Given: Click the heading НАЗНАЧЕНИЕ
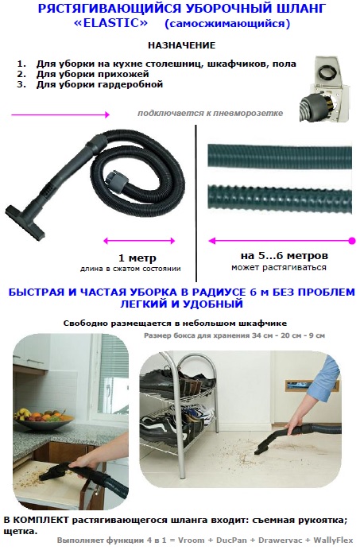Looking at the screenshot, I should click(180, 45).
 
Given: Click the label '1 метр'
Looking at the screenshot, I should click(136, 258).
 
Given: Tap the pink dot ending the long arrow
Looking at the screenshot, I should click(350, 239).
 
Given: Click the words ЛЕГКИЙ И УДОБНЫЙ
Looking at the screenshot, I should click(180, 304).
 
